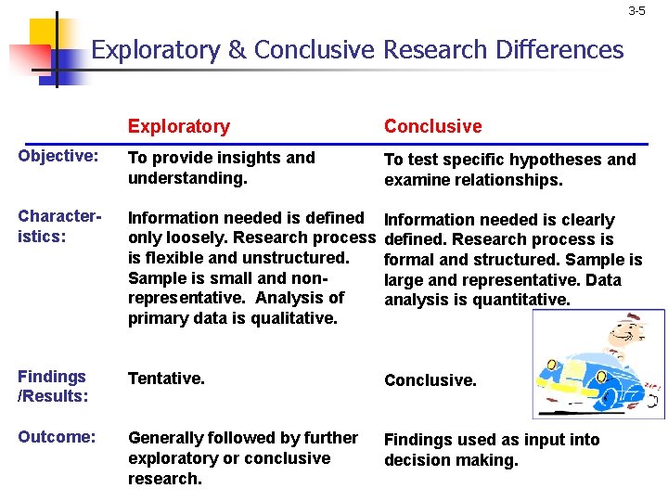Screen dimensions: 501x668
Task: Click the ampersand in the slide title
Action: tap(236, 49)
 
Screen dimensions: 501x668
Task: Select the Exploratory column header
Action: tap(178, 126)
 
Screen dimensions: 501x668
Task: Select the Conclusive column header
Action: tap(433, 126)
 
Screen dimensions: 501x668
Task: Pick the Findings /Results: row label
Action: tap(53, 387)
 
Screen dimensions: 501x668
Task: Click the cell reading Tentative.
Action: tap(167, 379)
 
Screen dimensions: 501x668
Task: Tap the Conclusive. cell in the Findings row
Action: tap(430, 380)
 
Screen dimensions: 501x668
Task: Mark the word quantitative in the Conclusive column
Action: tap(524, 300)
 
